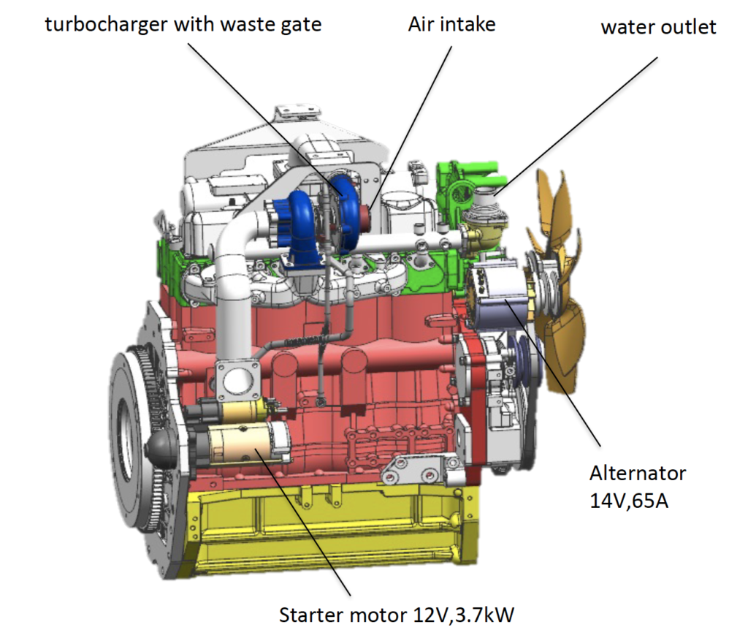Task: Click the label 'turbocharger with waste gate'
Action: tap(183, 25)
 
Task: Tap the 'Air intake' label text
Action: tap(451, 24)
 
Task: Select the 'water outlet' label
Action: tap(658, 28)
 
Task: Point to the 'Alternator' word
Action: tap(637, 473)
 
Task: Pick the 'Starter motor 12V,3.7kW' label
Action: tap(397, 614)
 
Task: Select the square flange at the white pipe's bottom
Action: tap(236, 379)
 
